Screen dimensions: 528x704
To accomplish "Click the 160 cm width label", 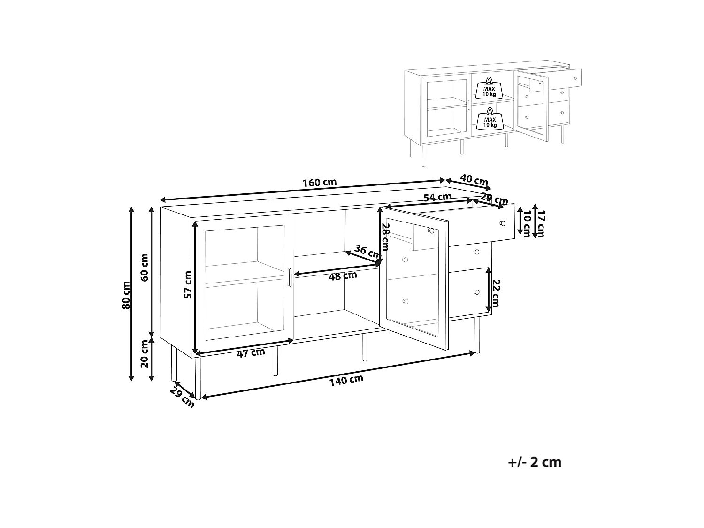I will [x=320, y=183].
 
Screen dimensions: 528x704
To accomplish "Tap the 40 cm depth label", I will [x=474, y=180].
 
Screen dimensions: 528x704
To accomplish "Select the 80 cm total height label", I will [x=126, y=295].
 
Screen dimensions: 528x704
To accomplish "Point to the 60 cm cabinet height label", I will [x=145, y=268].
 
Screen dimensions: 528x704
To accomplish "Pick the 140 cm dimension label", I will [x=346, y=380].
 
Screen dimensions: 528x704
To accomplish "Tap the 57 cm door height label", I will [x=188, y=284].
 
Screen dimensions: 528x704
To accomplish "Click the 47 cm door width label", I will [x=251, y=353].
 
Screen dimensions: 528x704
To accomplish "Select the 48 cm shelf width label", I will [x=343, y=275].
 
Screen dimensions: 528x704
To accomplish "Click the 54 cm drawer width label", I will [x=437, y=197].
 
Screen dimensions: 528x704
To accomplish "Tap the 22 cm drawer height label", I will [x=496, y=293].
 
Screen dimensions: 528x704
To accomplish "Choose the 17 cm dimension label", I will [x=541, y=224].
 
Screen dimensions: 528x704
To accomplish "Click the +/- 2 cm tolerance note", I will [x=535, y=462].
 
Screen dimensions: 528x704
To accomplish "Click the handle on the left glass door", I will [x=290, y=277].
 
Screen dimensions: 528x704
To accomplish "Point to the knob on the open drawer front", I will [x=503, y=223].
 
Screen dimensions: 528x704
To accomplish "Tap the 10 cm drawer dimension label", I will [x=527, y=223].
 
